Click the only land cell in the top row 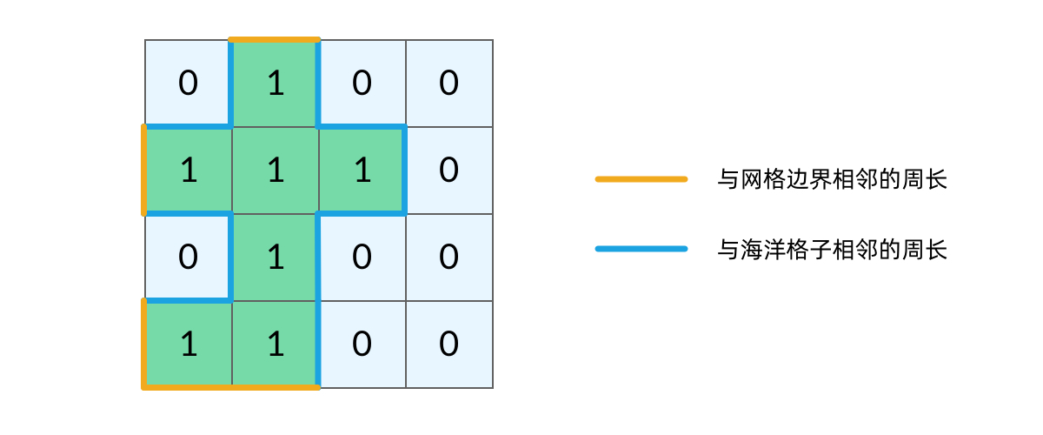coord(276,84)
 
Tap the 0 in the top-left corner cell coord(188,84)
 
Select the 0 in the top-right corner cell coord(448,84)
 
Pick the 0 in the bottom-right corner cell coord(448,345)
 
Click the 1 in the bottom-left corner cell coord(188,345)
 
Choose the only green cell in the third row coord(276,258)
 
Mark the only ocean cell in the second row coord(448,171)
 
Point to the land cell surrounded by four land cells coord(276,171)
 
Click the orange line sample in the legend coord(641,179)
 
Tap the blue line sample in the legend coord(641,249)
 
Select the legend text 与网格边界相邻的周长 coord(832,180)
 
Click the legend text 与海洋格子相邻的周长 coord(832,251)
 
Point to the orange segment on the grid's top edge coord(275,40)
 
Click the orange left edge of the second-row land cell coord(144,171)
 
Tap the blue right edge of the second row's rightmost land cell coord(405,171)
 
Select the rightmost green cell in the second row coord(362,171)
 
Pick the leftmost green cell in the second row coord(188,171)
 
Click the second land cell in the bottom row coord(276,345)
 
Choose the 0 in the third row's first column coord(188,258)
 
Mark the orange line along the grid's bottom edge coord(231,387)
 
